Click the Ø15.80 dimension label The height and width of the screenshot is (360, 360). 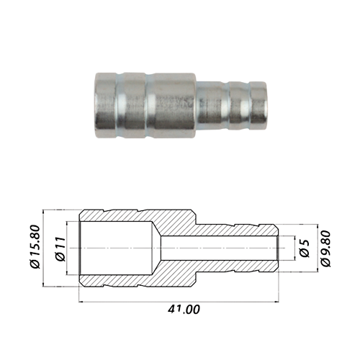pos(35,247)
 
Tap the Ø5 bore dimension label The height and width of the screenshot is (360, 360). pos(305,248)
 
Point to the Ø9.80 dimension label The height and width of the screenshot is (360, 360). pos(325,248)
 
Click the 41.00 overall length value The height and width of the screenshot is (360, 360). pos(184,310)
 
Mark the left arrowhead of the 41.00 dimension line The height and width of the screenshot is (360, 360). pos(81,302)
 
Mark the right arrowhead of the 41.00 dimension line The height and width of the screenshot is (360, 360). pos(276,302)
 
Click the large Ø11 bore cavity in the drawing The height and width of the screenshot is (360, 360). pos(116,248)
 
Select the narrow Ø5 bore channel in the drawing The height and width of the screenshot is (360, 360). pos(219,248)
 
